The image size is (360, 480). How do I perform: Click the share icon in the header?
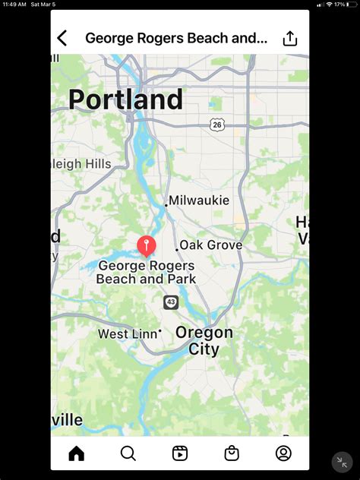click(290, 38)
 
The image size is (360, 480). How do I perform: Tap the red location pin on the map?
click(146, 245)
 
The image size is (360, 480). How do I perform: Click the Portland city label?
click(125, 99)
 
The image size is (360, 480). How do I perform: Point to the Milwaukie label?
click(199, 201)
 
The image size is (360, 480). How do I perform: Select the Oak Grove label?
click(211, 245)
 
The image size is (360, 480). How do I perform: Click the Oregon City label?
click(204, 341)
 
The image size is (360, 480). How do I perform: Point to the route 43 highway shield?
click(171, 302)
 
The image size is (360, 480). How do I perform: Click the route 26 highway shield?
click(217, 125)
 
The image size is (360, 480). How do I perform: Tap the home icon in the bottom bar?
click(76, 453)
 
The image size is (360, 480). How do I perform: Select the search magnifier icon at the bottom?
click(128, 453)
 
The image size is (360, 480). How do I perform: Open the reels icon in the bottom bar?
click(180, 453)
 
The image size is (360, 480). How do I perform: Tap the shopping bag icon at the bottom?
click(232, 453)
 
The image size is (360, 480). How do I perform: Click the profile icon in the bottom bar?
click(283, 453)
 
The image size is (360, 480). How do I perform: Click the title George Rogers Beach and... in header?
click(176, 38)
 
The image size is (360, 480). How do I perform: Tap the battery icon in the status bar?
click(351, 5)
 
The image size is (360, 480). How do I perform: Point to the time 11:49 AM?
click(14, 5)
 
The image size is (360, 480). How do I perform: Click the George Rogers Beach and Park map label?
click(146, 272)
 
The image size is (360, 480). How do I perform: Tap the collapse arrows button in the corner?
click(342, 462)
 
